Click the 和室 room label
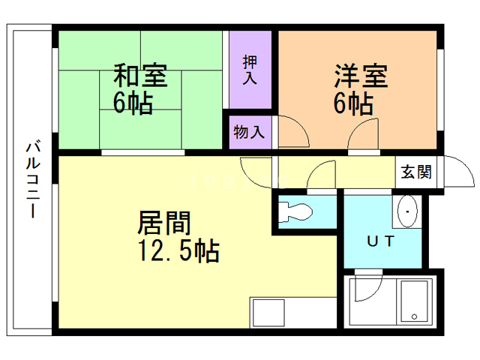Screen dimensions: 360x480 click(x=140, y=76)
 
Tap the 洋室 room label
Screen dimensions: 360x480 click(x=361, y=76)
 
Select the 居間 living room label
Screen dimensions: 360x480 click(x=163, y=223)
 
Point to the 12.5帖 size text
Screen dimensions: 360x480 click(x=178, y=250)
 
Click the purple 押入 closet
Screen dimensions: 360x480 click(x=250, y=69)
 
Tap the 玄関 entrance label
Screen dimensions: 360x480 click(x=415, y=172)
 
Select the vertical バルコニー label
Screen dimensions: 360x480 click(x=31, y=178)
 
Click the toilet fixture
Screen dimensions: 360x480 click(x=295, y=212)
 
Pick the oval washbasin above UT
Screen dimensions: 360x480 click(x=407, y=214)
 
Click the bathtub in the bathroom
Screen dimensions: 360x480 click(x=412, y=301)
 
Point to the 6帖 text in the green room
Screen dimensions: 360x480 click(x=133, y=103)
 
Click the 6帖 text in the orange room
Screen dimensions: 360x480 click(x=354, y=103)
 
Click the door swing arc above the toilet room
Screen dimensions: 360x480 click(x=321, y=177)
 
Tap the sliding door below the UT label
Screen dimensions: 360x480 click(x=381, y=268)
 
